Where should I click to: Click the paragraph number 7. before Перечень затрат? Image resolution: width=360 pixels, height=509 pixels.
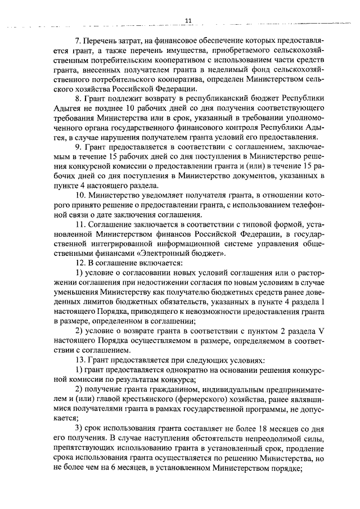pyautogui.click(x=78, y=41)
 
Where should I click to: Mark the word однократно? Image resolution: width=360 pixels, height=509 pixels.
pyautogui.click(x=180, y=369)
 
